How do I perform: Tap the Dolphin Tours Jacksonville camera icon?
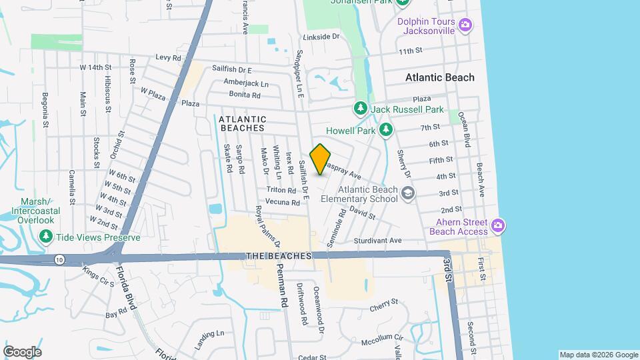point(465,26)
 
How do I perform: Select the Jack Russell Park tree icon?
point(361,109)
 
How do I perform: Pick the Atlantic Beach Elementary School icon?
point(408,194)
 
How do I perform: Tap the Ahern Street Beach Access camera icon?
point(497,227)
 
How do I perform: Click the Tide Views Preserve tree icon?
point(46,237)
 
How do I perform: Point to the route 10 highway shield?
point(59,260)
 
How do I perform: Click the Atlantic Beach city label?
point(440,77)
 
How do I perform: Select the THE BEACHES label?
point(279,256)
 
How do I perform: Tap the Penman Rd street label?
point(283,293)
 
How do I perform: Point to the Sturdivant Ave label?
point(377,240)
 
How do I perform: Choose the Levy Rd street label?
point(168,58)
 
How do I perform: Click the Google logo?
point(22,352)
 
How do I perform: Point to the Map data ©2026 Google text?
point(598,355)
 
